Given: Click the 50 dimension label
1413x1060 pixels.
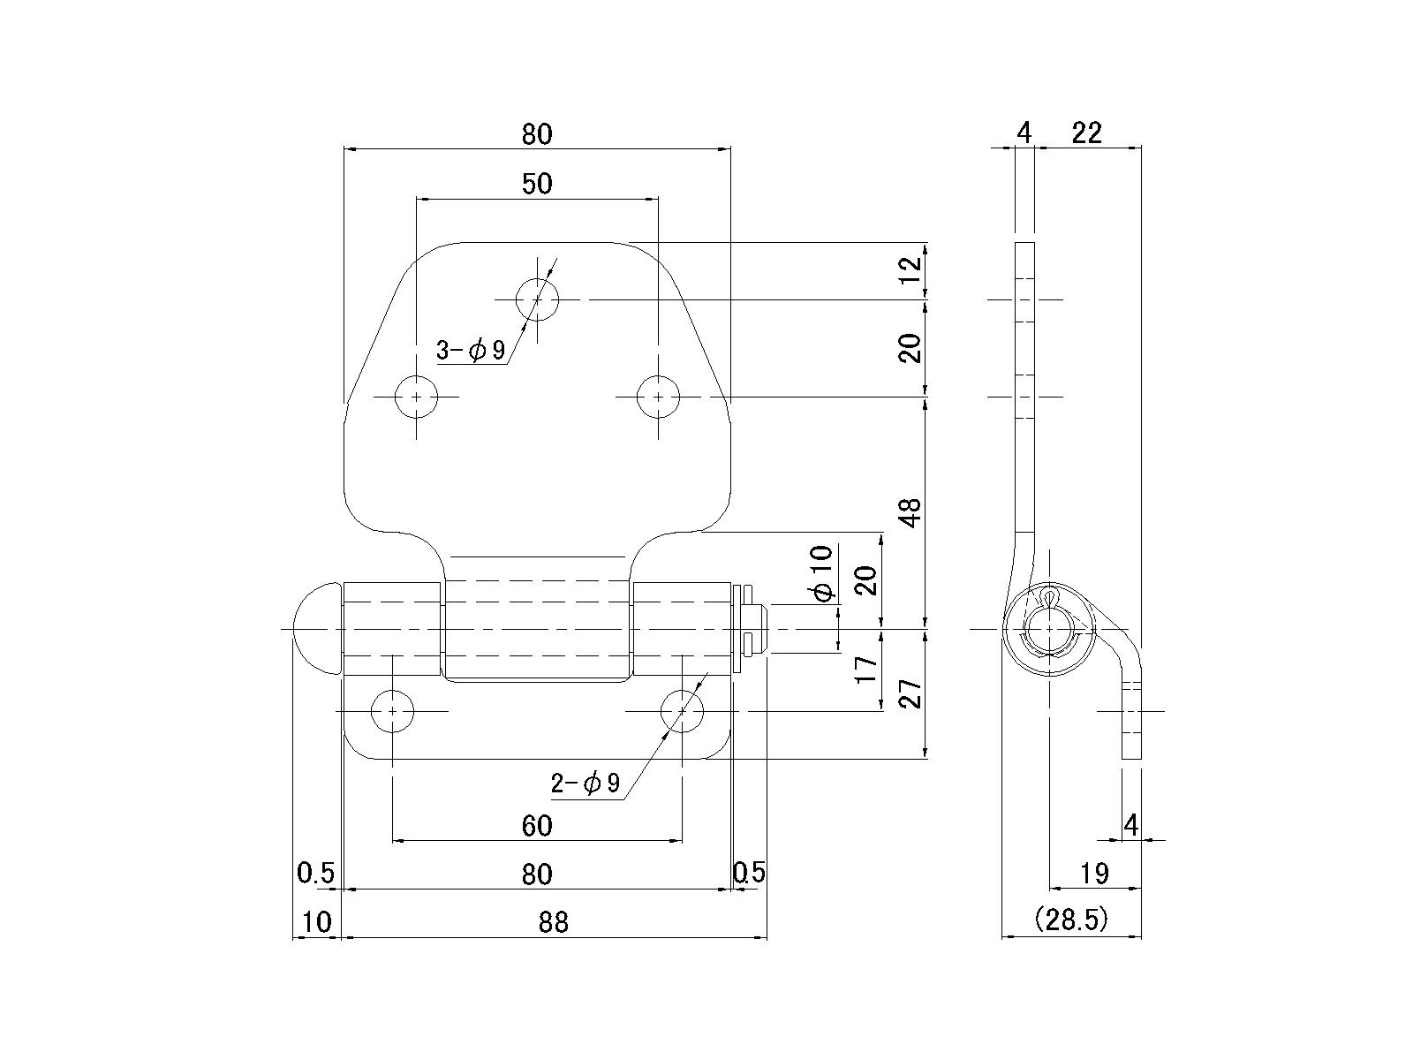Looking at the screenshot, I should pos(537,184).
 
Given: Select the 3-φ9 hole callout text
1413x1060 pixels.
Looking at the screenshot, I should pos(471,351).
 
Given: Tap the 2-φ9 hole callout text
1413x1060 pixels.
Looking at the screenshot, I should pos(586,783).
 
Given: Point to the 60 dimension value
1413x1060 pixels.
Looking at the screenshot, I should pos(537,826).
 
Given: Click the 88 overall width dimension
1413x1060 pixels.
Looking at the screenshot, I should pos(553,922).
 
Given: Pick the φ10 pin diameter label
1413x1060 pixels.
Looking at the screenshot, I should pos(822,573).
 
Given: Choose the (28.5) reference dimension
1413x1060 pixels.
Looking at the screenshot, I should pos(1070,920).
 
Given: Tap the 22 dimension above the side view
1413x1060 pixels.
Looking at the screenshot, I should pos(1087,133).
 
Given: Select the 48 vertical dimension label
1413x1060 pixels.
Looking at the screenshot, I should pos(913,512).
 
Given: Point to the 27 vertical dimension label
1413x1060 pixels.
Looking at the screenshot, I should pos(913,693).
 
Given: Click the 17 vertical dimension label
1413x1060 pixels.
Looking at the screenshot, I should pos(868,670).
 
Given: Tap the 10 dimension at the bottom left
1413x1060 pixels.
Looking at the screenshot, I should pos(316,922).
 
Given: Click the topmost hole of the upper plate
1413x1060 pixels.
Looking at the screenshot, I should pos(537,299).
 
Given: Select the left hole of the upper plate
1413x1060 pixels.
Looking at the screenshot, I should pos(416,397).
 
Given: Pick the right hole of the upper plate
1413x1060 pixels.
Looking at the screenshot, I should pos(658,397).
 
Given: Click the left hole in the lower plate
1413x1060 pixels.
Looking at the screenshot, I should pos(392,710).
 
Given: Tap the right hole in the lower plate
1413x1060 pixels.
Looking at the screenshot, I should pos(682,710).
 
